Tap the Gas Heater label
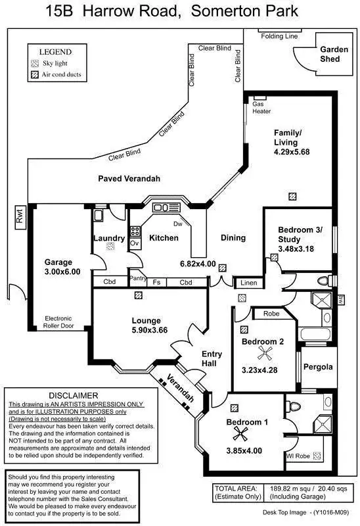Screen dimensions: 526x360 point(261,108)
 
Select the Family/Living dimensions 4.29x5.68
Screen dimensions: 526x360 point(291,152)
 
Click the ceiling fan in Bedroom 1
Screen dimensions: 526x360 point(248,435)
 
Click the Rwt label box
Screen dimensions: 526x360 point(19,218)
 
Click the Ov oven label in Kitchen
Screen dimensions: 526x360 point(135,243)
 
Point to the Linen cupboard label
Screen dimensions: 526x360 point(248,283)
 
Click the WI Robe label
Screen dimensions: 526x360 point(298,455)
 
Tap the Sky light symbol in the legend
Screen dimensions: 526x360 point(35,64)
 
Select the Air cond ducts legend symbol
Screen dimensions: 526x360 point(35,76)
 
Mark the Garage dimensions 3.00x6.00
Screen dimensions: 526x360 point(62,272)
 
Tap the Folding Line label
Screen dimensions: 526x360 point(279,36)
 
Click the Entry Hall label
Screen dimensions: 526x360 point(211,359)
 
